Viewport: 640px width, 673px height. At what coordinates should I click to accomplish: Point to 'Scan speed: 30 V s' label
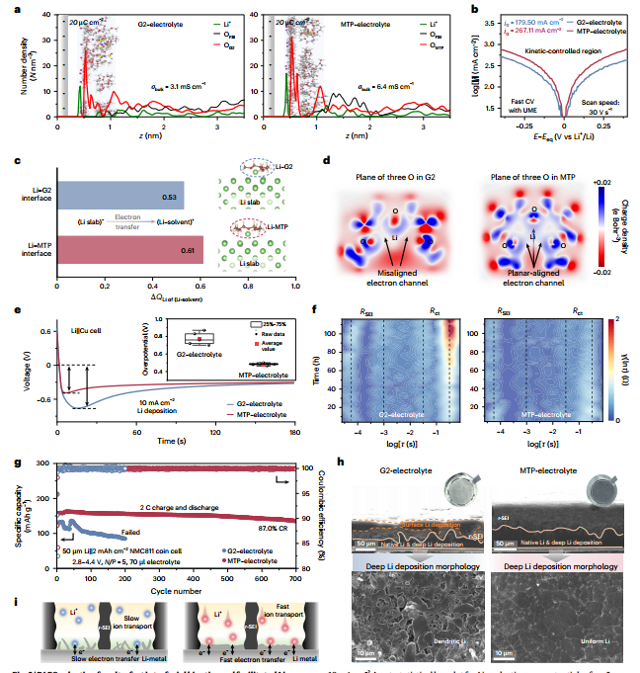[594, 110]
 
